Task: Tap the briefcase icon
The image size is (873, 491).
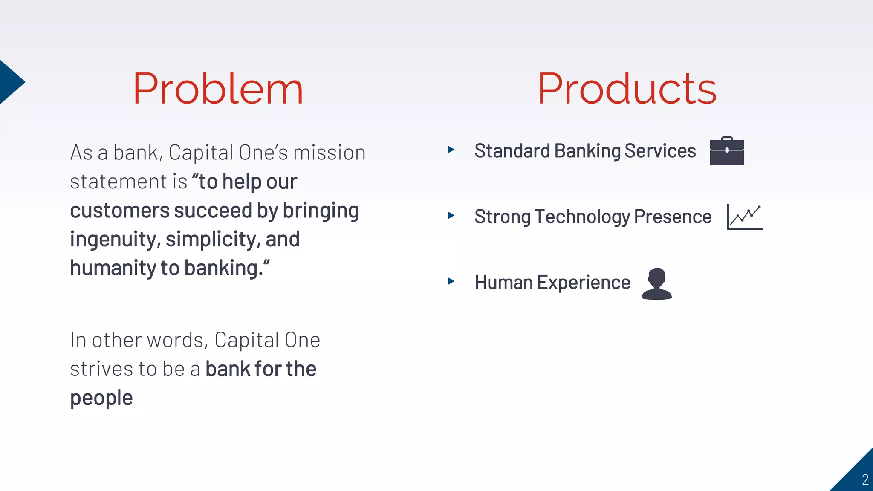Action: (x=727, y=151)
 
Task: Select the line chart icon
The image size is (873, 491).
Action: (x=745, y=217)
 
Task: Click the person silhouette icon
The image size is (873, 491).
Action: (x=656, y=283)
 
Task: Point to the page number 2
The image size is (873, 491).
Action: (x=865, y=479)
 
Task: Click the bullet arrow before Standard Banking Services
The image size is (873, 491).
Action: (x=451, y=150)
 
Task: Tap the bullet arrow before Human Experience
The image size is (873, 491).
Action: (x=451, y=281)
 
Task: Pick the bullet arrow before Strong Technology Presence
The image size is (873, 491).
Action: (x=451, y=215)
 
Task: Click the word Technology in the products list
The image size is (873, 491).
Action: (x=583, y=217)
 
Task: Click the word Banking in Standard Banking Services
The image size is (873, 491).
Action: (x=587, y=151)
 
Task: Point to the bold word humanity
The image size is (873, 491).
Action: (x=113, y=268)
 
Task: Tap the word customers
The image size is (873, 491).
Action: (x=120, y=211)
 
